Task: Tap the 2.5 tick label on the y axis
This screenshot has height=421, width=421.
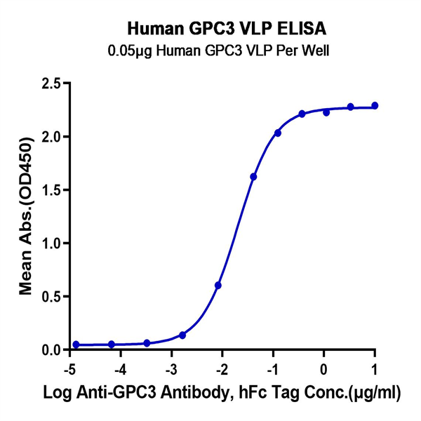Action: [51, 83]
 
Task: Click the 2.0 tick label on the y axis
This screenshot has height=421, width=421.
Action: [51, 137]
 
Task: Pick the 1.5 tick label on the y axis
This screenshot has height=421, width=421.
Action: [51, 190]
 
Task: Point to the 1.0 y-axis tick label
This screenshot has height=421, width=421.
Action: [51, 243]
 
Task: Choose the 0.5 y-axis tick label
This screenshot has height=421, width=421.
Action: [51, 297]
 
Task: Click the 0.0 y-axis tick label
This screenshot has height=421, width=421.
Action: [51, 350]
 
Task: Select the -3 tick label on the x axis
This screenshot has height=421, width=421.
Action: [171, 368]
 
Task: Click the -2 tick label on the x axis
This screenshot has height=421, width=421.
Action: [221, 368]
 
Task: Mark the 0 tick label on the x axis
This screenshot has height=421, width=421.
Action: [324, 368]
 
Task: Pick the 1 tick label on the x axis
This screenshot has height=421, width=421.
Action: [375, 368]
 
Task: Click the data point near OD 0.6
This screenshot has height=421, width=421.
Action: [218, 286]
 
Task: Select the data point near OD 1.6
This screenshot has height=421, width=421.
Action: [253, 177]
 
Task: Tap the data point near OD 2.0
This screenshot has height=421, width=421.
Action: [278, 133]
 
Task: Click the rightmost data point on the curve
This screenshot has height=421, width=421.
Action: [375, 106]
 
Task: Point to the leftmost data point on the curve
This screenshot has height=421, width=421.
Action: [76, 345]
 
